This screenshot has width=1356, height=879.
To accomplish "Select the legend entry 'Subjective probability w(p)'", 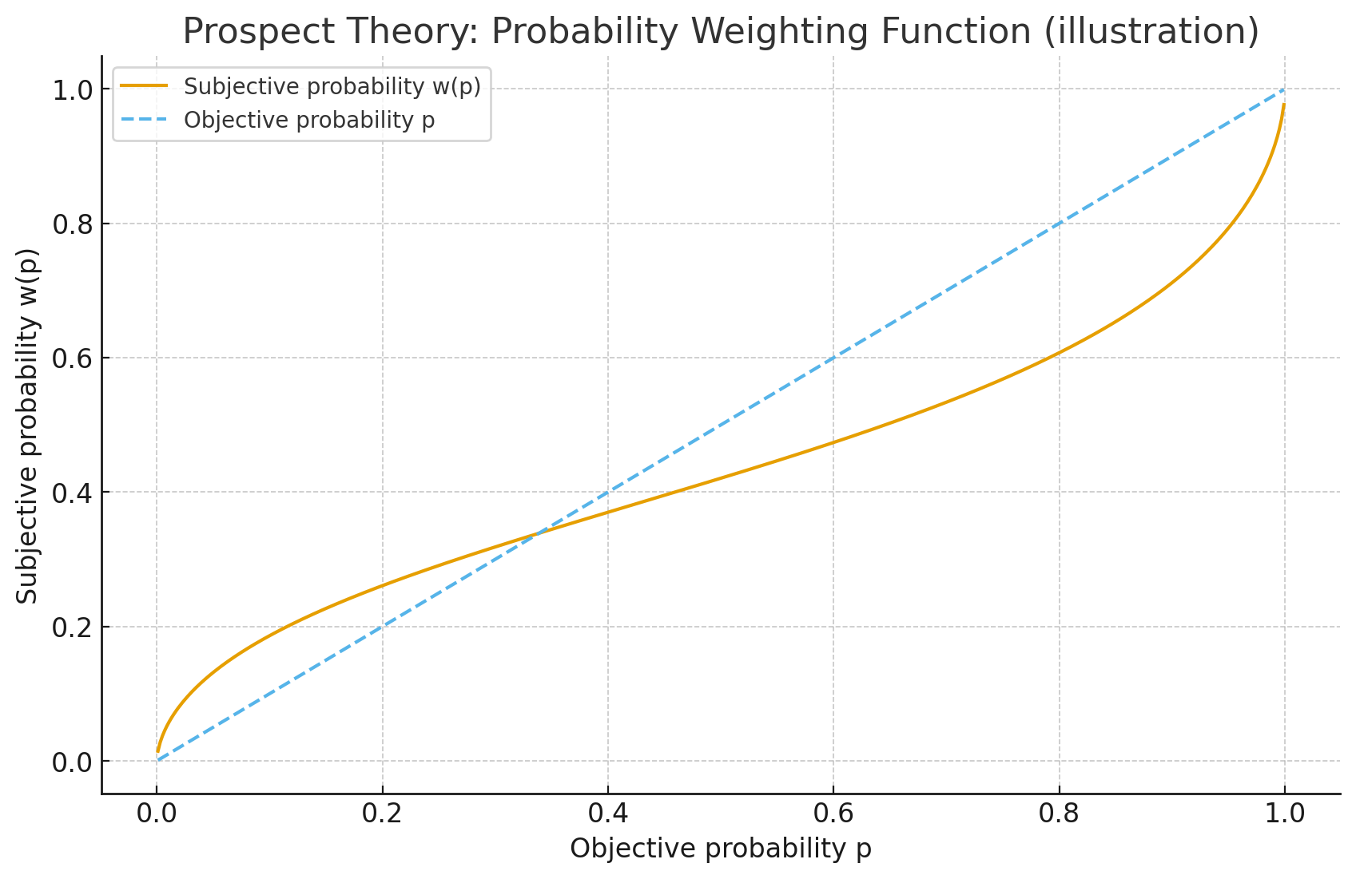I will [x=332, y=86].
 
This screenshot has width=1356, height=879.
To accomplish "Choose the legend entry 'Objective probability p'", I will [x=309, y=120].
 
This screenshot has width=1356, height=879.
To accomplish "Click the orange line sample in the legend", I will [x=145, y=86].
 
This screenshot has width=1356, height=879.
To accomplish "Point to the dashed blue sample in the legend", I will [x=145, y=120].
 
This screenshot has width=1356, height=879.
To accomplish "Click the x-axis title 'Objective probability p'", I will [x=720, y=849].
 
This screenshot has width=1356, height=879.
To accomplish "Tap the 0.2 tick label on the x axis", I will [x=382, y=814].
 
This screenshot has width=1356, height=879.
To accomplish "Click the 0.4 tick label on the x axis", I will [x=608, y=814].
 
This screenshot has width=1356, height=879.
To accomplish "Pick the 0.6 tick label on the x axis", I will [x=833, y=814].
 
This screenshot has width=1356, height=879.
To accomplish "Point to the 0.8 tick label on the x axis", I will [x=1059, y=814].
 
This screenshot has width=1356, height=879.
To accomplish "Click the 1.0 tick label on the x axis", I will [x=1284, y=814].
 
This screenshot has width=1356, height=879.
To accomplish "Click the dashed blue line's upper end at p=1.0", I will [x=1284, y=89].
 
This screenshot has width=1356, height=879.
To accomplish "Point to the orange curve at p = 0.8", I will [x=1059, y=352].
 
